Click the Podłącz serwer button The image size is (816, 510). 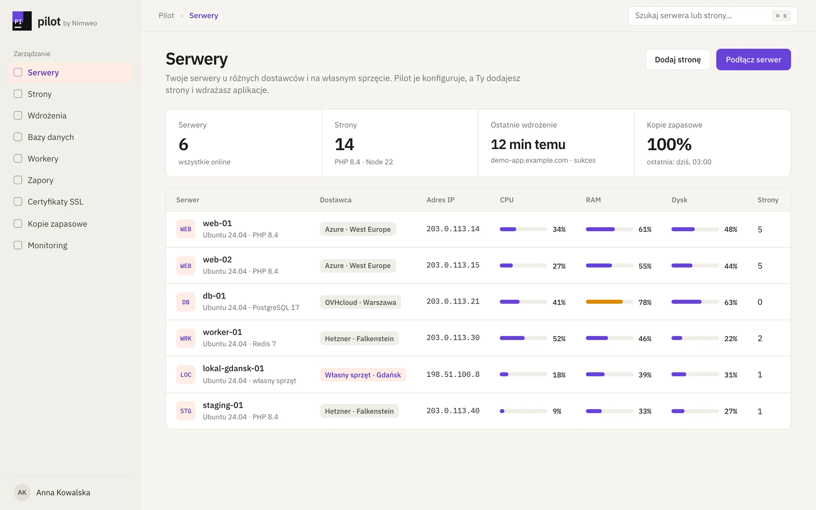coord(753,60)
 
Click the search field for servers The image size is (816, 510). coord(712,16)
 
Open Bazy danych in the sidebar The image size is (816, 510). coord(51,137)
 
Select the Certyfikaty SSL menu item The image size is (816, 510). coord(55,202)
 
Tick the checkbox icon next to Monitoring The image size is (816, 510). coord(18,245)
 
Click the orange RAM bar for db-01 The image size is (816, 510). coord(604,302)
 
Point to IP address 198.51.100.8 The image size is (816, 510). coord(453,375)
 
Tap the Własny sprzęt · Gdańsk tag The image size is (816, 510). coord(363,375)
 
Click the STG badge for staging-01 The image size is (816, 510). coord(186,411)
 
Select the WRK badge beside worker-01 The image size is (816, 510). coord(186,338)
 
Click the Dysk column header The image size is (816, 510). coord(679,200)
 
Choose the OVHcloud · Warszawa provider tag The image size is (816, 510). coord(360,302)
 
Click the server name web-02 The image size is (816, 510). coord(217,259)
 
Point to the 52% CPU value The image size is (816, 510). coord(559,339)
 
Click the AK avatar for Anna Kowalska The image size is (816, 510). coord(22,492)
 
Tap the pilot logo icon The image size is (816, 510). coord(22,21)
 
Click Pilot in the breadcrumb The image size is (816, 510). coord(166,16)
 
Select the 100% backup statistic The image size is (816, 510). coord(669,144)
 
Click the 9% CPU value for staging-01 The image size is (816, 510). coord(557,411)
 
